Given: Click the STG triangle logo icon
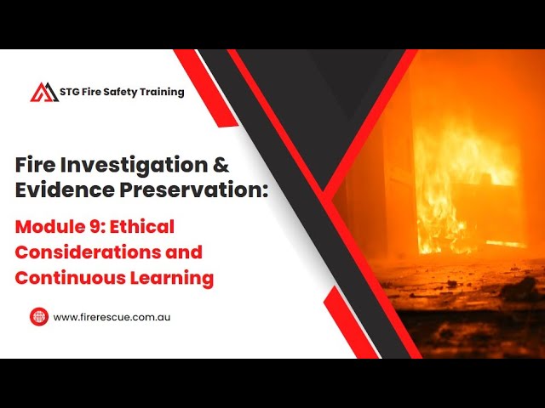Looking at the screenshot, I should coord(44,92).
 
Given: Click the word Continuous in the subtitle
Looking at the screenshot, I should coord(66,277).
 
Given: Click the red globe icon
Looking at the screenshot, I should coord(38,316).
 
